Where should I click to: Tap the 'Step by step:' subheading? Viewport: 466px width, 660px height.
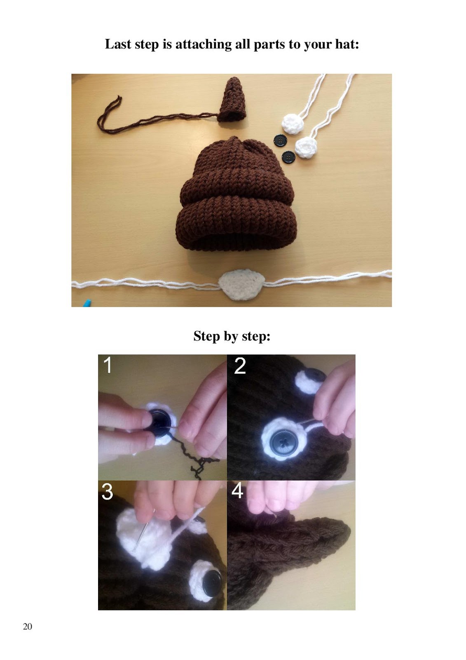click(232, 336)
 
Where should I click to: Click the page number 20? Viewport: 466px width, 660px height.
click(27, 626)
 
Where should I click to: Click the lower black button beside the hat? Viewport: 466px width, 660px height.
click(289, 156)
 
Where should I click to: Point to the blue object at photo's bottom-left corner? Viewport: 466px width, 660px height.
click(86, 304)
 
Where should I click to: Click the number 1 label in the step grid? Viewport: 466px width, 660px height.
click(108, 365)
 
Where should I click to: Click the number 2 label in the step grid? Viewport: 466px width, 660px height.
click(240, 365)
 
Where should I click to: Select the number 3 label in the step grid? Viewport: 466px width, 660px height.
click(107, 492)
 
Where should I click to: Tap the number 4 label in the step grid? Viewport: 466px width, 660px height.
click(238, 491)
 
